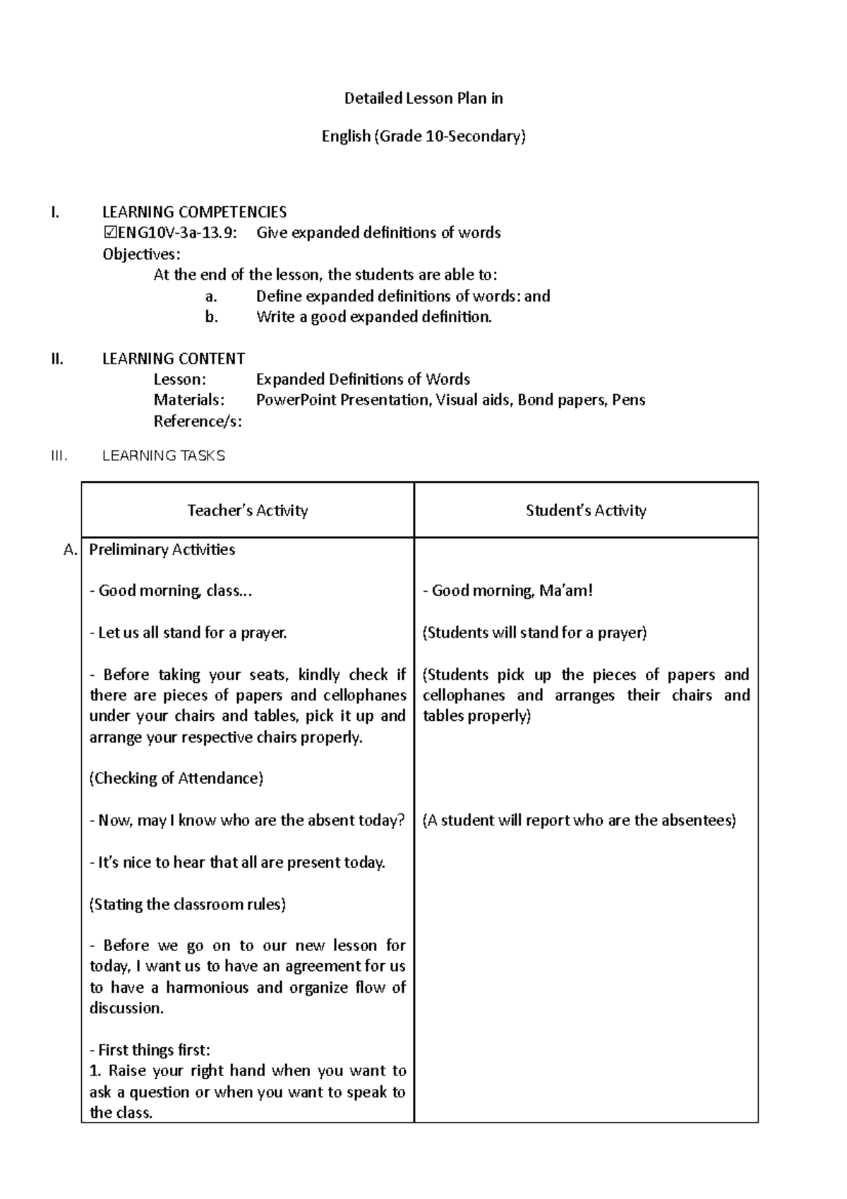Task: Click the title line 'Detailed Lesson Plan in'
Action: pyautogui.click(x=423, y=98)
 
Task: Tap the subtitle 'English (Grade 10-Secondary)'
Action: pyautogui.click(x=423, y=136)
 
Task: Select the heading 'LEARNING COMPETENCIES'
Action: pyautogui.click(x=194, y=212)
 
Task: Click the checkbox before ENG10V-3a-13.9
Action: pyautogui.click(x=109, y=233)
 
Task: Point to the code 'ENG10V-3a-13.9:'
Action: pyautogui.click(x=176, y=233)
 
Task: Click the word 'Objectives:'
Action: pyautogui.click(x=141, y=254)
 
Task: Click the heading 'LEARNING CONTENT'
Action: pyautogui.click(x=174, y=359)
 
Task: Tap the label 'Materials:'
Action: pyautogui.click(x=189, y=400)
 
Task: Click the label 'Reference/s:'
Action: pyautogui.click(x=198, y=422)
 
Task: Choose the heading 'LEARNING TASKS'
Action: pyautogui.click(x=164, y=456)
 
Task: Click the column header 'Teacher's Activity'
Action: pyautogui.click(x=247, y=511)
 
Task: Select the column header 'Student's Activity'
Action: pyautogui.click(x=586, y=511)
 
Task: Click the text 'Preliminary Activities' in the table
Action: pyautogui.click(x=162, y=549)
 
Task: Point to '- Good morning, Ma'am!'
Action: pyautogui.click(x=507, y=590)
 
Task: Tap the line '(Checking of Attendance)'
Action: pyautogui.click(x=176, y=778)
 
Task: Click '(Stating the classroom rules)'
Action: pyautogui.click(x=188, y=905)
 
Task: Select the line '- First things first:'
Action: pyautogui.click(x=150, y=1050)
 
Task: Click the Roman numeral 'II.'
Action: pyautogui.click(x=57, y=359)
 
